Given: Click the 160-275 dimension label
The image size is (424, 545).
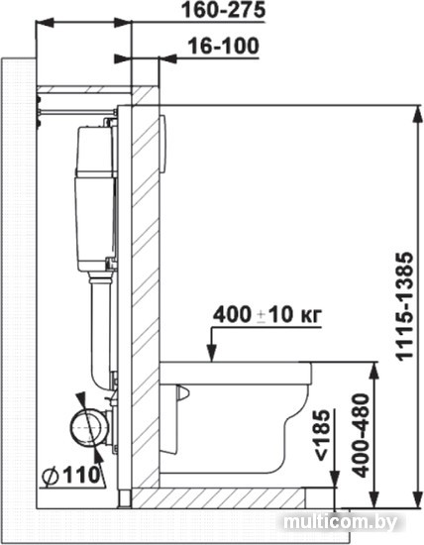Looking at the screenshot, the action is [x=224, y=10].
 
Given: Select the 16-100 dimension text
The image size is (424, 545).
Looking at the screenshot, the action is [x=224, y=46].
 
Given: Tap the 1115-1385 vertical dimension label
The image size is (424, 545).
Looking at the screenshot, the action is [x=405, y=306].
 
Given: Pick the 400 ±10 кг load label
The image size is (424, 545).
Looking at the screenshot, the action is [x=267, y=315].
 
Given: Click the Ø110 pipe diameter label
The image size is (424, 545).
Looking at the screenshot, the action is [x=71, y=474].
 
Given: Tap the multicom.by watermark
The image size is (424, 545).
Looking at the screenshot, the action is [x=340, y=521].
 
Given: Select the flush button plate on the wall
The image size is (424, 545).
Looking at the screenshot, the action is [x=162, y=144].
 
